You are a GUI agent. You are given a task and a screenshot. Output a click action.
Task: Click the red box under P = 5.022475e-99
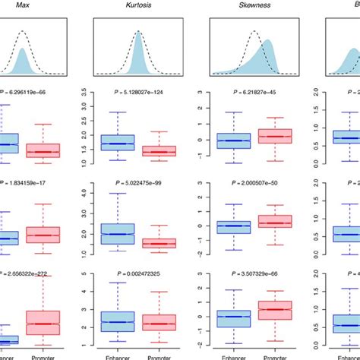pos(159,243)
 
